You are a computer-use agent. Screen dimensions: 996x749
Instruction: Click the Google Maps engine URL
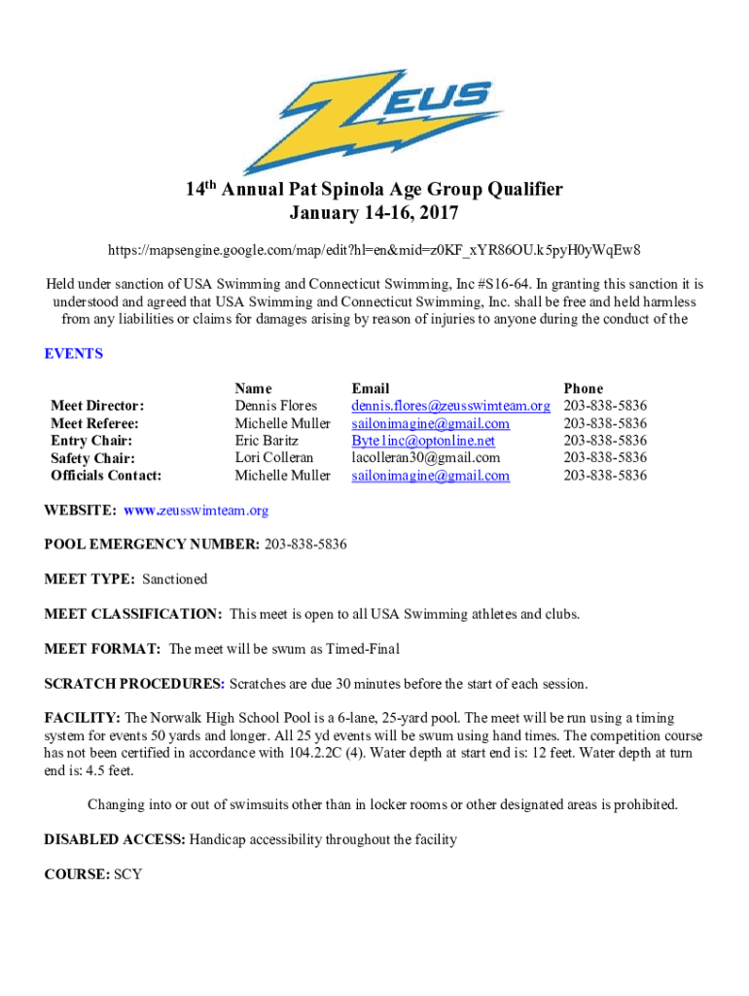click(x=374, y=251)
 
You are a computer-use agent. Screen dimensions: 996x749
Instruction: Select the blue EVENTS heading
click(x=74, y=354)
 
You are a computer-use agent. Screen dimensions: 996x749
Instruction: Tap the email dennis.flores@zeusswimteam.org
click(x=450, y=406)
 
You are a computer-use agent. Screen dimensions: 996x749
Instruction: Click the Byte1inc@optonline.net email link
click(x=423, y=441)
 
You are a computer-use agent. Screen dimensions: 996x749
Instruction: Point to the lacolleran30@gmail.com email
click(x=426, y=458)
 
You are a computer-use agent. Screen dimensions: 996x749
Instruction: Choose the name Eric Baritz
click(x=267, y=441)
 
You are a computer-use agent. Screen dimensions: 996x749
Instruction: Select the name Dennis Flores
click(x=276, y=406)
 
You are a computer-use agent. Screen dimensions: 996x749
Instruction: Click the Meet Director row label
click(x=97, y=406)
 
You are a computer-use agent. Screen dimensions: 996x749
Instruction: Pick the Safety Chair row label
click(x=92, y=458)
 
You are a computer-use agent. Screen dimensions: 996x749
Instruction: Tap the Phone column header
click(x=583, y=388)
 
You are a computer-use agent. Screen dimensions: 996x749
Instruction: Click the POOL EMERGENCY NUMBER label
click(x=152, y=545)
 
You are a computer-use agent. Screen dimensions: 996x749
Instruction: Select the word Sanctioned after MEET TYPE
click(x=175, y=580)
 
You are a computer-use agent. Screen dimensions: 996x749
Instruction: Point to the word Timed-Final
click(x=363, y=649)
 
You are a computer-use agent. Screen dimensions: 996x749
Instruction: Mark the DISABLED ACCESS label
click(x=115, y=839)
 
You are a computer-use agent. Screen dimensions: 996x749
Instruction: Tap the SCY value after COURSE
click(x=127, y=874)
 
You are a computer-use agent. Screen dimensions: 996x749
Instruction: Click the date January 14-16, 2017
click(x=374, y=213)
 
